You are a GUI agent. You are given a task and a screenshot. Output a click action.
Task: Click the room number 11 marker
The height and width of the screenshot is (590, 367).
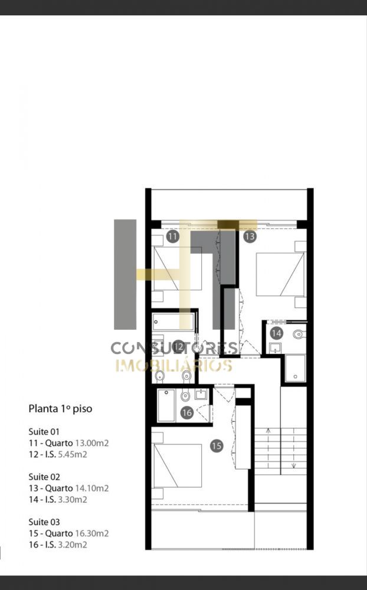172,237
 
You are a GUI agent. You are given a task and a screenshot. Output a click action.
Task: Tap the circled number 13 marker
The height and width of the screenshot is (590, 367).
250,237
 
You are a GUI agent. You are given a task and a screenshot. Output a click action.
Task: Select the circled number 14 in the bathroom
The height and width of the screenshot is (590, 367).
276,333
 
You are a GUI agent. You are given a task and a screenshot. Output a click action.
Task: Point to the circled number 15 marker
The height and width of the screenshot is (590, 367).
217,446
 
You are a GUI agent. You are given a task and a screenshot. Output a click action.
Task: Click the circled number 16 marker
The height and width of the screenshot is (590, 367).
186,413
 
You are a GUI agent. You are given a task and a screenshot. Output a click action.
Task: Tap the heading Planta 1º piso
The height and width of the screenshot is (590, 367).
60,409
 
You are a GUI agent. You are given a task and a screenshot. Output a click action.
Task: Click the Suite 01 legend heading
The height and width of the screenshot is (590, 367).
44,432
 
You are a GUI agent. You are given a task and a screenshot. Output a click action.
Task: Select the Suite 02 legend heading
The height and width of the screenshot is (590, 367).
44,477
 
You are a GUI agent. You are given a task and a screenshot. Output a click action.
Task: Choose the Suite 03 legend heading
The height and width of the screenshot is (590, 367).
44,522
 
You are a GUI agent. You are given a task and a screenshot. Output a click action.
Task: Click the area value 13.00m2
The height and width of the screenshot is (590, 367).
92,443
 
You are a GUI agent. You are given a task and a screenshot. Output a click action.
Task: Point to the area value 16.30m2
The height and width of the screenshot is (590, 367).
92,533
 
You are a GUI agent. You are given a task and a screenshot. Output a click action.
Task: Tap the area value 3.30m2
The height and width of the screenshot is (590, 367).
73,499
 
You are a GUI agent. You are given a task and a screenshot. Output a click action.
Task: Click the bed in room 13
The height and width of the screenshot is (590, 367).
280,274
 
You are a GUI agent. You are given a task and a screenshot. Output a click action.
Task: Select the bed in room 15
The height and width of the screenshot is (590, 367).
178,466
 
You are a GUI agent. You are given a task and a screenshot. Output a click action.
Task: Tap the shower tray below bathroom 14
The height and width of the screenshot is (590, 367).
295,368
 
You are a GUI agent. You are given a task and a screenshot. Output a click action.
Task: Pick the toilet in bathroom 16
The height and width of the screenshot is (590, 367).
185,396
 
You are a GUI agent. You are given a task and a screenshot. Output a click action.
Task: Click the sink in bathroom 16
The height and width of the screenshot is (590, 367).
201,394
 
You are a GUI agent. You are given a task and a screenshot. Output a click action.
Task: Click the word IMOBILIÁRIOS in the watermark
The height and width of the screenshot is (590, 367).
174,365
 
